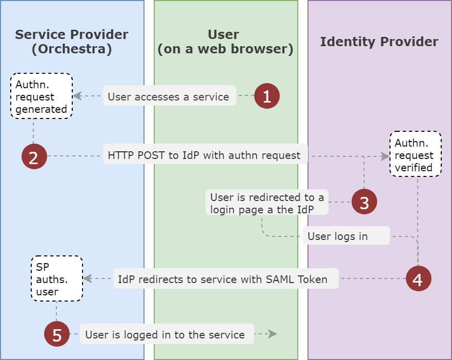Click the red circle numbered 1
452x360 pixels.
tap(267, 96)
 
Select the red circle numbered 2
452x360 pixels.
tap(34, 156)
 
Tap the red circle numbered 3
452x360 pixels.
tap(364, 202)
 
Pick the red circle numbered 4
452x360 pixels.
tap(418, 279)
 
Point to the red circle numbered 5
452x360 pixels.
tap(57, 334)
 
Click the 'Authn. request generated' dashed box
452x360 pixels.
tap(42, 96)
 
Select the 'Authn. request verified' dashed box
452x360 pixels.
tap(415, 154)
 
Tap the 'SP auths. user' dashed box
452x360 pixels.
tap(56, 279)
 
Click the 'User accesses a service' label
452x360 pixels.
tap(169, 96)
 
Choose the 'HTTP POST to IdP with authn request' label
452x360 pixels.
tap(205, 155)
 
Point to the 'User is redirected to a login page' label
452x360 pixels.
tap(267, 203)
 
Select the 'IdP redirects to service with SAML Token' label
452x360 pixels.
tap(225, 279)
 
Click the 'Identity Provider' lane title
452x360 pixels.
tap(379, 42)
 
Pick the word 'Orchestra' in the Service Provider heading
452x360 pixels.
tap(72, 50)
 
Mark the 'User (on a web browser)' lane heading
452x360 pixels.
tap(225, 42)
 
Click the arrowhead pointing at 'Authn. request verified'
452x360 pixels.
tap(385, 156)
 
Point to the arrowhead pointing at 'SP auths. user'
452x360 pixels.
tap(88, 279)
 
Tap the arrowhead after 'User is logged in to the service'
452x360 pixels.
tap(273, 334)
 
